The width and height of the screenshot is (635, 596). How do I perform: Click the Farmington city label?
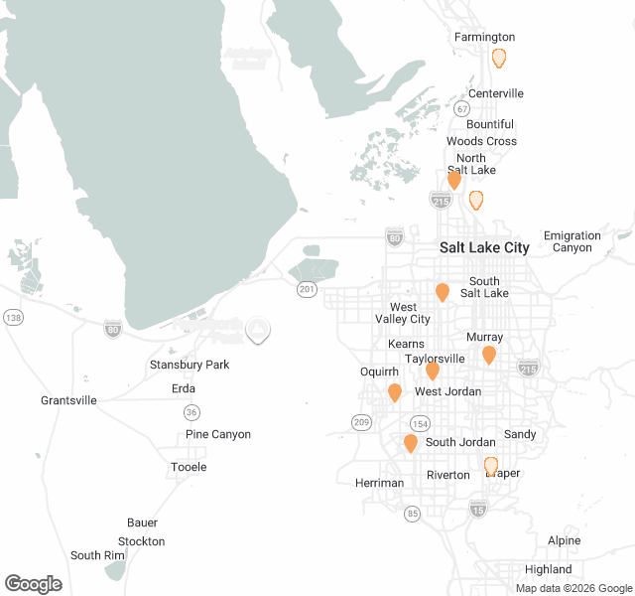(x=484, y=38)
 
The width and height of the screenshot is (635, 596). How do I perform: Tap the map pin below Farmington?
(x=499, y=59)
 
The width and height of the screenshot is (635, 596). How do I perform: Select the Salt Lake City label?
(x=484, y=247)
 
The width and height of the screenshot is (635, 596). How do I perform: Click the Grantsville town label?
(x=68, y=400)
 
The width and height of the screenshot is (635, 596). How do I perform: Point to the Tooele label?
(x=189, y=467)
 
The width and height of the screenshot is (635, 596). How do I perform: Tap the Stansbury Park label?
(x=189, y=365)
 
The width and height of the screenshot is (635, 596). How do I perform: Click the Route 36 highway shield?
(x=190, y=411)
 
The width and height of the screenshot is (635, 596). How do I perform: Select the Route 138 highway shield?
(x=13, y=317)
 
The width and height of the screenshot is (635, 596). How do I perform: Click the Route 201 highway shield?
(x=306, y=288)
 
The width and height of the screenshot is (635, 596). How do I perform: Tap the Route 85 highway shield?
(x=412, y=514)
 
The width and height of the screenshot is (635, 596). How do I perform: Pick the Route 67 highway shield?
(x=462, y=108)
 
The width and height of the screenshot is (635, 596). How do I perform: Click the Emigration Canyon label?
(x=572, y=241)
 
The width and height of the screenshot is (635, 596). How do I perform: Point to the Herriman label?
(x=379, y=483)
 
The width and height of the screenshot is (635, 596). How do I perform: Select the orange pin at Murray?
(x=489, y=355)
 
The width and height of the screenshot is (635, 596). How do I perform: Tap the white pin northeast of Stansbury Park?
(x=257, y=330)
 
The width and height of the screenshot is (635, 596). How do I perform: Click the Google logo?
(x=33, y=584)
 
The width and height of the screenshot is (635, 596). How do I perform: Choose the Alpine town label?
(x=564, y=540)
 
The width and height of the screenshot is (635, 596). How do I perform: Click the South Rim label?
(x=97, y=555)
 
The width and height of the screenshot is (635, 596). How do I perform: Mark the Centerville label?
(x=496, y=93)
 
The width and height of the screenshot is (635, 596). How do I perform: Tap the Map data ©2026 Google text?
(x=572, y=588)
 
